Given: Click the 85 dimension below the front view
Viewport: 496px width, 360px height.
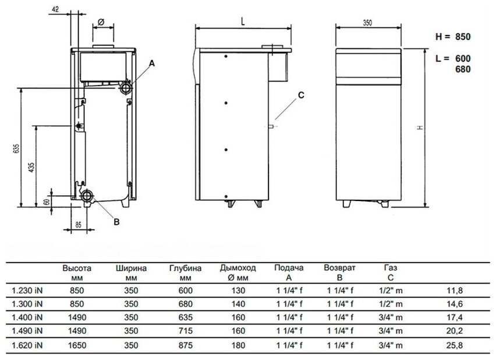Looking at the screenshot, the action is (78, 223).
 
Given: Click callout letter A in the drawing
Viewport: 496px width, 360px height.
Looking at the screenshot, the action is (153, 62).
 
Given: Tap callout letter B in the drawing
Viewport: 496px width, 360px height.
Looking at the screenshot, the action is (116, 221).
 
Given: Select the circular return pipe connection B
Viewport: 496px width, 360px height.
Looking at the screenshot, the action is (87, 196).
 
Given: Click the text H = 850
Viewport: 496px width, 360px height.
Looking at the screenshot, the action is (452, 36).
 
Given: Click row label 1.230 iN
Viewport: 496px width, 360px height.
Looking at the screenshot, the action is (27, 290).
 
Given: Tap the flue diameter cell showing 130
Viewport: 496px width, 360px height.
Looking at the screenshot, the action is (238, 290).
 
